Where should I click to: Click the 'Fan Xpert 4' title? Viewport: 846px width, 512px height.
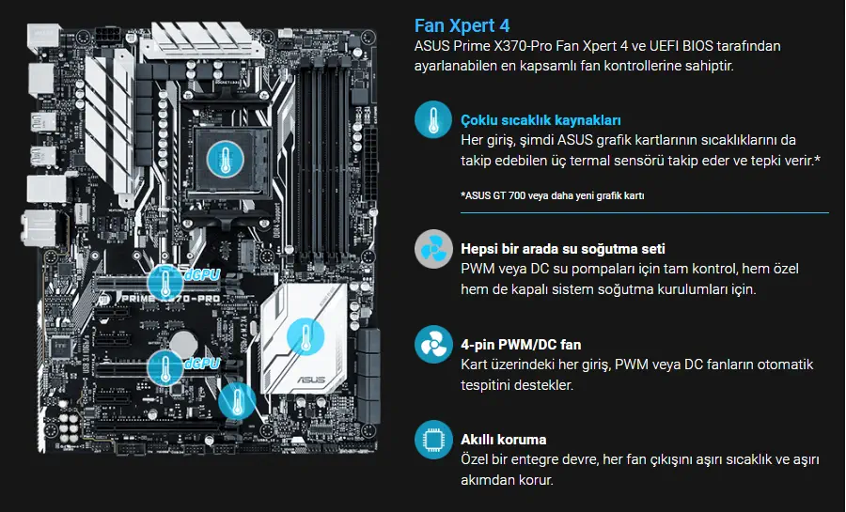click(x=462, y=25)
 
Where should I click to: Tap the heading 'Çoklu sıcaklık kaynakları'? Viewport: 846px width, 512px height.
click(x=540, y=119)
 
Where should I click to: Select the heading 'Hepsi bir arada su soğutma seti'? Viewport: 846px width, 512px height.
click(x=563, y=248)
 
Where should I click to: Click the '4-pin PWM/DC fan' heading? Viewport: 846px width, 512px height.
click(x=521, y=345)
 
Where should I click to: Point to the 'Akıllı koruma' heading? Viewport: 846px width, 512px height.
click(x=504, y=440)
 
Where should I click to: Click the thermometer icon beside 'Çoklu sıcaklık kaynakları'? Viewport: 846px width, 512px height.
click(x=433, y=119)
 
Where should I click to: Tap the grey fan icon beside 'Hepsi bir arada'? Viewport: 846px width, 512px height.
click(x=433, y=249)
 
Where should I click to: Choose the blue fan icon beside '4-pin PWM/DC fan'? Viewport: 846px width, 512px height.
click(x=433, y=345)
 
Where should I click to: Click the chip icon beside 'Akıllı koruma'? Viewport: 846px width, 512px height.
click(x=433, y=440)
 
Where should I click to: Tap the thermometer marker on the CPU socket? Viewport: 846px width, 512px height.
click(x=226, y=160)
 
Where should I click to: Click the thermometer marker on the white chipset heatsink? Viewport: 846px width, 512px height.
click(x=305, y=336)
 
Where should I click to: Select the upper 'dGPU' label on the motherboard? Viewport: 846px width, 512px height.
click(x=202, y=275)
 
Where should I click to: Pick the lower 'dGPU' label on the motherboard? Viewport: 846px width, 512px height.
click(x=202, y=364)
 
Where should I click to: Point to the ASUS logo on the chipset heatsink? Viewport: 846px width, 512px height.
click(x=311, y=380)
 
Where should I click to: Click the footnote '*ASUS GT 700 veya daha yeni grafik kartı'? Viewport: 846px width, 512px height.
click(x=553, y=195)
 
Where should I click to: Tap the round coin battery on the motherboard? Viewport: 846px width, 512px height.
click(x=186, y=342)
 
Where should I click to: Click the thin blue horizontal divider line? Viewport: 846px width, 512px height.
click(x=645, y=213)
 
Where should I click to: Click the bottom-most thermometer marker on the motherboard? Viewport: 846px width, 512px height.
click(x=237, y=401)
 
